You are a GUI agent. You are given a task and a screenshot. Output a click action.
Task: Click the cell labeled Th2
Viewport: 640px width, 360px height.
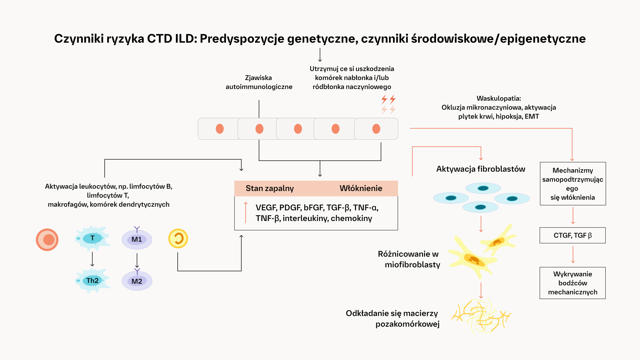pyautogui.click(x=92, y=281)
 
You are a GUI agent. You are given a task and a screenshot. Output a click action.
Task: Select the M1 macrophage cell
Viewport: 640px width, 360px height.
pyautogui.click(x=137, y=239)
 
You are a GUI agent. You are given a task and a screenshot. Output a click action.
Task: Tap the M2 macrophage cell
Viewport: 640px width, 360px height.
pyautogui.click(x=137, y=281)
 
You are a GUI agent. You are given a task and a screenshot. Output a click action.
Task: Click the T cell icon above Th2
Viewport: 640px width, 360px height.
pyautogui.click(x=92, y=238)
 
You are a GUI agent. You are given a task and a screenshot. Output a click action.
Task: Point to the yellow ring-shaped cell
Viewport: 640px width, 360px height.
pyautogui.click(x=178, y=239)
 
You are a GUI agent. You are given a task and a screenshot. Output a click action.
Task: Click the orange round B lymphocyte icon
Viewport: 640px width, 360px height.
pyautogui.click(x=47, y=240)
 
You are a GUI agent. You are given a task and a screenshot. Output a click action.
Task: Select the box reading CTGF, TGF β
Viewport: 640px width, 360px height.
pyautogui.click(x=572, y=235)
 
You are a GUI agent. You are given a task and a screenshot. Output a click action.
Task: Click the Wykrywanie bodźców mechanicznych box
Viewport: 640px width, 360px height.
pyautogui.click(x=572, y=283)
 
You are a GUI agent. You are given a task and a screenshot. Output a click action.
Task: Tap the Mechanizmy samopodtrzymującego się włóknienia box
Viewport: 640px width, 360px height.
pyautogui.click(x=573, y=184)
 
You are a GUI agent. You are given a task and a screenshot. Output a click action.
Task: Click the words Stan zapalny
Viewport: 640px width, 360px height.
pyautogui.click(x=270, y=188)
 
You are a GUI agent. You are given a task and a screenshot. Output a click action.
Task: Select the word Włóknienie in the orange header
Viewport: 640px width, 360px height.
pyautogui.click(x=361, y=188)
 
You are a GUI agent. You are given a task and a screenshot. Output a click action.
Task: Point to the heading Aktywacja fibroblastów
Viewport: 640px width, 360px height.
pyautogui.click(x=481, y=169)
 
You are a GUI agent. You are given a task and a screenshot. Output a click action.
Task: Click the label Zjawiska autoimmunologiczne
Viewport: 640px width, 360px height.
pyautogui.click(x=259, y=82)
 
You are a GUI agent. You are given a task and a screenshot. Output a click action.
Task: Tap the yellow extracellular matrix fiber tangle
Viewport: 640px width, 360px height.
pyautogui.click(x=481, y=316)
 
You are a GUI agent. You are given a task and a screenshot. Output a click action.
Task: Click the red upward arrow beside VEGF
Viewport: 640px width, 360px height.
pyautogui.click(x=246, y=212)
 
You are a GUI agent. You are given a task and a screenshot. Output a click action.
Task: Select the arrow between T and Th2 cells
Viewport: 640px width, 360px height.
pyautogui.click(x=92, y=259)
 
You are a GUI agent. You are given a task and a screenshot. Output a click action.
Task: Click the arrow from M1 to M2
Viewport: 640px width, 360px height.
pyautogui.click(x=137, y=260)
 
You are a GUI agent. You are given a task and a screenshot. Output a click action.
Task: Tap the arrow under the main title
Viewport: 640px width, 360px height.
pyautogui.click(x=320, y=55)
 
